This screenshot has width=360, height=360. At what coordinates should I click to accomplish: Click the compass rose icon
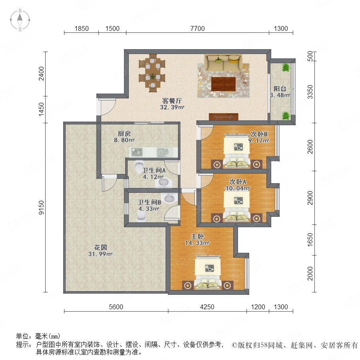click(20, 20)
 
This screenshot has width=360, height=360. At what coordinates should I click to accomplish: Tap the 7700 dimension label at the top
click(198, 28)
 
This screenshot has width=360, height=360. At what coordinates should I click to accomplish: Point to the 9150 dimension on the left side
click(42, 208)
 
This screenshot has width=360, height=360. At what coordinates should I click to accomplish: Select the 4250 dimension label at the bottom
click(207, 307)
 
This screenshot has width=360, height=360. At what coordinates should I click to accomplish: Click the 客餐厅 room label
click(172, 100)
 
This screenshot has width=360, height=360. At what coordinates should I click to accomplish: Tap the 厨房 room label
click(124, 133)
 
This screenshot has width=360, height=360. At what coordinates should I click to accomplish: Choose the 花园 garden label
click(100, 248)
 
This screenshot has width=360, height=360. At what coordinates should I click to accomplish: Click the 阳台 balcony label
click(280, 89)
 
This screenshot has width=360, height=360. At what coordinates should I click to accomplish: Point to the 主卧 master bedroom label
click(197, 236)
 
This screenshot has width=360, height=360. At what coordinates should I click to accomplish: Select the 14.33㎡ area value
click(197, 243)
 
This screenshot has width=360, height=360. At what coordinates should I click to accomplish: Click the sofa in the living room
click(223, 63)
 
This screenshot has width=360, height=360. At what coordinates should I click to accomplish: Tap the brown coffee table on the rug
click(223, 84)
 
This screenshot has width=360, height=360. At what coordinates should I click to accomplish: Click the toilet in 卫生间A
click(139, 167)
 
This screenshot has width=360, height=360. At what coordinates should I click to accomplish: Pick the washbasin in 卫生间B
click(170, 198)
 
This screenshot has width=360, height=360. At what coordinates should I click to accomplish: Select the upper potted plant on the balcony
click(286, 68)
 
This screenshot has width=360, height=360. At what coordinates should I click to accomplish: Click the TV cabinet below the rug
click(223, 117)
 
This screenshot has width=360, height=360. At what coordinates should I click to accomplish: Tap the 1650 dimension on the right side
click(310, 240)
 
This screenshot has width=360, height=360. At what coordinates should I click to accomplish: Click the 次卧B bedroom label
click(259, 134)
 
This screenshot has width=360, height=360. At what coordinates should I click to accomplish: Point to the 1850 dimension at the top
click(82, 28)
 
